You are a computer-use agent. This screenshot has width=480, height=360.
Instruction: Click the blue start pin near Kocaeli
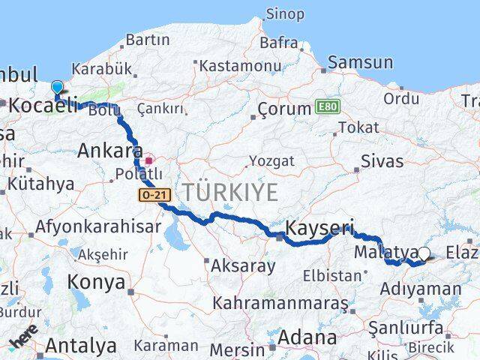[57, 88]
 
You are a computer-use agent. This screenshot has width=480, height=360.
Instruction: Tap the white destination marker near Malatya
[425, 254]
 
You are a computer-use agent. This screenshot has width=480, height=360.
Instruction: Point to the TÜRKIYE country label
[227, 192]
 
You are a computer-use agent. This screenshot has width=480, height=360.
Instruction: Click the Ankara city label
[110, 150]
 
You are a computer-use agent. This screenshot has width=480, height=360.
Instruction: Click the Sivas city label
[382, 161]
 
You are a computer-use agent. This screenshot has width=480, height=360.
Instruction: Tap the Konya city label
[96, 282]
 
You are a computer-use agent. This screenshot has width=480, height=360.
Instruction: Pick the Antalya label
[81, 346]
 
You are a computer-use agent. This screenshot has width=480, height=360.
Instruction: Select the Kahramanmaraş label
[280, 303]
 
